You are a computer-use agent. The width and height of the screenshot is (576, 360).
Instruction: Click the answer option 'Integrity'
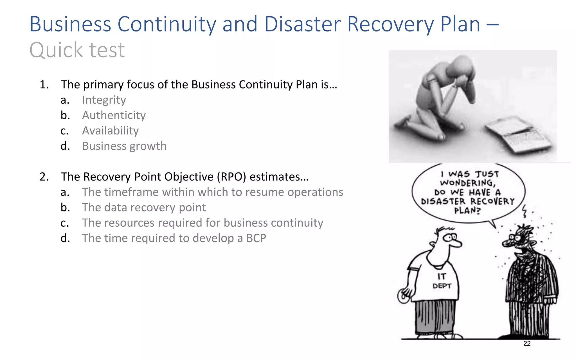click(x=104, y=100)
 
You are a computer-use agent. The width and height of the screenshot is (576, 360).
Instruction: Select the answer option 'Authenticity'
click(x=114, y=115)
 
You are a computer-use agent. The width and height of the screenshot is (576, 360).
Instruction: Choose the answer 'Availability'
click(x=110, y=131)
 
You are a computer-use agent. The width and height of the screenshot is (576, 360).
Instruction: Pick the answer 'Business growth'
click(x=124, y=146)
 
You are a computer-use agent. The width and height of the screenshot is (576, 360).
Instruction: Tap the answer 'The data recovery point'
click(x=144, y=208)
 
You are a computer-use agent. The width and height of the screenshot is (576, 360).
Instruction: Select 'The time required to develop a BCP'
click(x=174, y=238)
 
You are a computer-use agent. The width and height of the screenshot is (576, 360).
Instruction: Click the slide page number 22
click(x=527, y=343)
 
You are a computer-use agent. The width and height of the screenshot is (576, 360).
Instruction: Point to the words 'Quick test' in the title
click(x=77, y=50)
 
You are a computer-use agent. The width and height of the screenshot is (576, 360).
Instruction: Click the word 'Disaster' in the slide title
click(x=303, y=24)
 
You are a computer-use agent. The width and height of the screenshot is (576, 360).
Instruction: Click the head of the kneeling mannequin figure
click(x=461, y=67)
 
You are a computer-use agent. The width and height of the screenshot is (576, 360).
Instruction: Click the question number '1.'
click(x=44, y=85)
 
